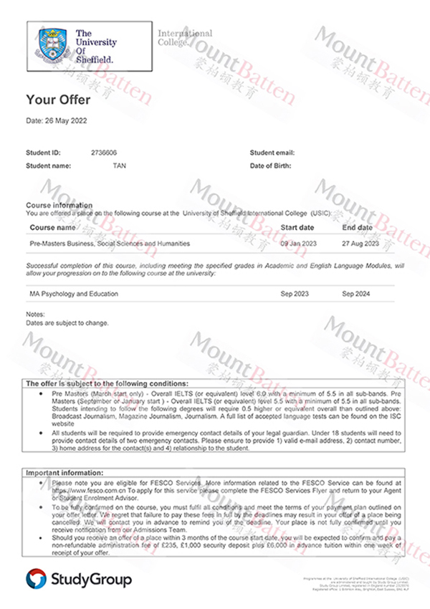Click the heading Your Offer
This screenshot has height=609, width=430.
click(x=57, y=99)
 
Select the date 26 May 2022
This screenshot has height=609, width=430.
click(x=57, y=121)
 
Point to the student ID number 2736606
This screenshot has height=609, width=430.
click(x=104, y=153)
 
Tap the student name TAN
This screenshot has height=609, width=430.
click(x=119, y=166)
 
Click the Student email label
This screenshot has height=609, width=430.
click(x=272, y=153)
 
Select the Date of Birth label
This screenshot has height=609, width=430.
click(x=270, y=166)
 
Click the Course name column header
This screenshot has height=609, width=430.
click(x=52, y=228)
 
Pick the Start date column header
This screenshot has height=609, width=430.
click(x=297, y=228)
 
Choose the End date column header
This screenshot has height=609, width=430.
click(x=357, y=228)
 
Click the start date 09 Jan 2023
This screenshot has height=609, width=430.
click(x=298, y=244)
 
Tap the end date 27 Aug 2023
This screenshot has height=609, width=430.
click(x=360, y=244)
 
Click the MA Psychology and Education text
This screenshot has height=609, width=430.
click(x=74, y=294)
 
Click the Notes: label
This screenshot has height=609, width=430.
click(x=35, y=315)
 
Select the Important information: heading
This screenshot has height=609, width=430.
click(x=65, y=474)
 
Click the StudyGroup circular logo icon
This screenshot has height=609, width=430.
click(x=36, y=578)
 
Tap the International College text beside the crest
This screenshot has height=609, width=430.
click(x=185, y=37)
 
